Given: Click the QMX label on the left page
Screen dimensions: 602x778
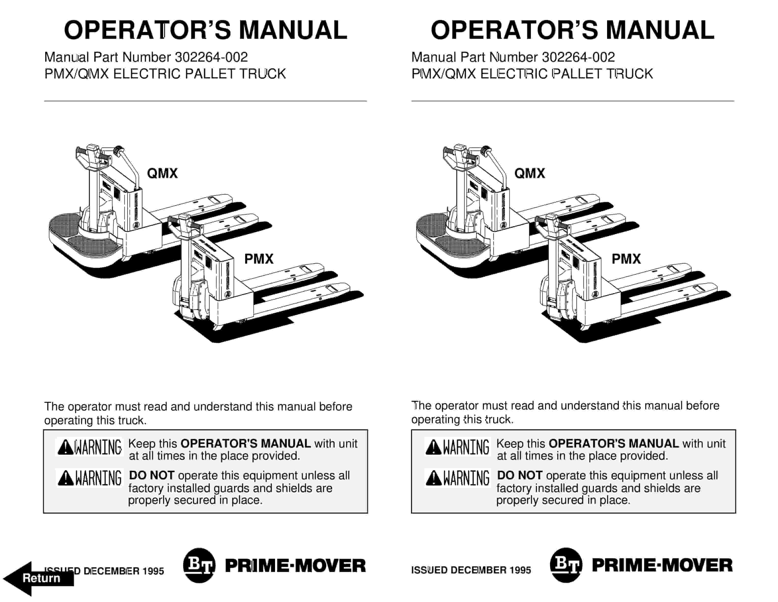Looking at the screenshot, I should pyautogui.click(x=162, y=173).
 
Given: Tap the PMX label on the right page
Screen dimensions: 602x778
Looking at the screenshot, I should pyautogui.click(x=626, y=259).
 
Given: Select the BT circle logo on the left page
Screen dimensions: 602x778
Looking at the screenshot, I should pyautogui.click(x=199, y=565).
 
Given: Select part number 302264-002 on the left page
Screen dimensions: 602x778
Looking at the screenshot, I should pyautogui.click(x=211, y=57).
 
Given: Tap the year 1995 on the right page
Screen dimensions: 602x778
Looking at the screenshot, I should pyautogui.click(x=520, y=570).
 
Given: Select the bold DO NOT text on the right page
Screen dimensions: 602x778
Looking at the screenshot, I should pyautogui.click(x=519, y=475).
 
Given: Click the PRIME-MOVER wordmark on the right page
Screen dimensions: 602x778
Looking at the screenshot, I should pyautogui.click(x=662, y=565).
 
